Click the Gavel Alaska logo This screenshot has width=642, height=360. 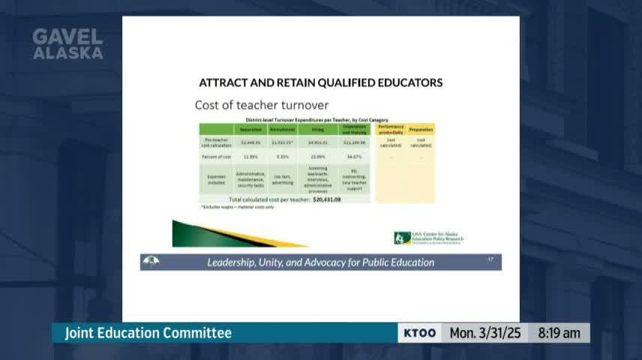pyautogui.click(x=67, y=44)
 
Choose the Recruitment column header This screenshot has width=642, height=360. pyautogui.click(x=282, y=130)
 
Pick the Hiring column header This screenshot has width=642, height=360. pyautogui.click(x=318, y=130)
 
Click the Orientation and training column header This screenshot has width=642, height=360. pyautogui.click(x=354, y=129)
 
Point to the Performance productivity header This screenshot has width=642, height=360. pyautogui.click(x=391, y=129)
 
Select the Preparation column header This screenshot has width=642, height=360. pyautogui.click(x=421, y=129)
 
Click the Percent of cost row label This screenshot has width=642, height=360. pyautogui.click(x=215, y=156)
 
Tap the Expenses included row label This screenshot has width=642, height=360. pyautogui.click(x=216, y=180)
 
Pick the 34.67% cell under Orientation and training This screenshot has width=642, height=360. pyautogui.click(x=354, y=156)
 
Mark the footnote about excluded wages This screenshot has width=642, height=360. pyautogui.click(x=237, y=207)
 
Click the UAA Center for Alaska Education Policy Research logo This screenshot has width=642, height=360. pyautogui.click(x=429, y=238)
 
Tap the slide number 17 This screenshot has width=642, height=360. pyautogui.click(x=490, y=259)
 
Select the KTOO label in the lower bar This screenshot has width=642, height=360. pyautogui.click(x=419, y=333)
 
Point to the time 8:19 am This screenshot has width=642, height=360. pyautogui.click(x=559, y=333)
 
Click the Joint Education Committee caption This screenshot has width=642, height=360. pyautogui.click(x=148, y=333)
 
